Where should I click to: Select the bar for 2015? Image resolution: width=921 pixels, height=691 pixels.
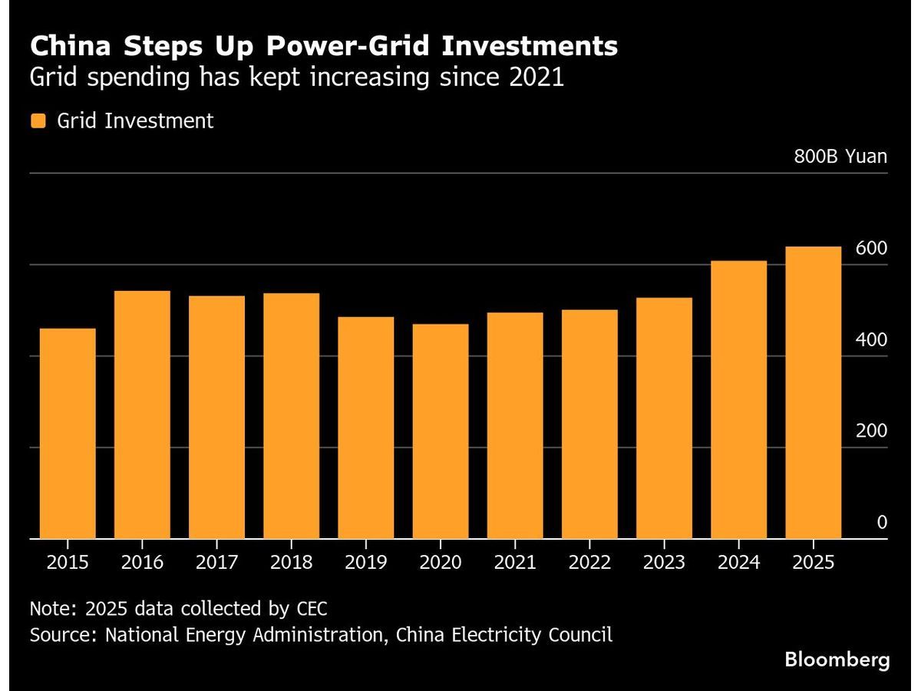pyautogui.click(x=68, y=434)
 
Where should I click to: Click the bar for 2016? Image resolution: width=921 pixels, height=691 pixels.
pyautogui.click(x=142, y=415)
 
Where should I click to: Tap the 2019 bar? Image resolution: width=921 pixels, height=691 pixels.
pyautogui.click(x=365, y=428)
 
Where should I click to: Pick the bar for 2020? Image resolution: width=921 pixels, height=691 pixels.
pyautogui.click(x=440, y=431)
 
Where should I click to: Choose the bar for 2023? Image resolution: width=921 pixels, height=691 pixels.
pyautogui.click(x=664, y=418)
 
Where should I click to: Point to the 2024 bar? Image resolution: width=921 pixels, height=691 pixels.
pyautogui.click(x=738, y=400)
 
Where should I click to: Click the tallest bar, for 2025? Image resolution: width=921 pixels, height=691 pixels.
pyautogui.click(x=813, y=392)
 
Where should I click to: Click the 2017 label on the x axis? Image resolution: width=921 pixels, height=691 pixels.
pyautogui.click(x=216, y=563)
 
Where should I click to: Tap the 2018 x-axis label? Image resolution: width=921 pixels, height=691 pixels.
pyautogui.click(x=291, y=563)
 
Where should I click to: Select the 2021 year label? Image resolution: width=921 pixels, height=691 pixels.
pyautogui.click(x=514, y=563)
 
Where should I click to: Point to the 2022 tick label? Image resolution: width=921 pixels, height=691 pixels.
pyautogui.click(x=589, y=563)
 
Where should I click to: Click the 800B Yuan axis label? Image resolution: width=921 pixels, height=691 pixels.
pyautogui.click(x=840, y=157)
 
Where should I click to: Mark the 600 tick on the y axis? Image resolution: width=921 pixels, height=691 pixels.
pyautogui.click(x=871, y=249)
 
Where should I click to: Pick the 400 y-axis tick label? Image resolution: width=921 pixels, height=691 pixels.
pyautogui.click(x=871, y=340)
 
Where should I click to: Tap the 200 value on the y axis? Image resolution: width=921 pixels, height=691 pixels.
pyautogui.click(x=871, y=431)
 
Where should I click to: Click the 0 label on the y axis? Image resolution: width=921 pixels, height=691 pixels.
pyautogui.click(x=882, y=523)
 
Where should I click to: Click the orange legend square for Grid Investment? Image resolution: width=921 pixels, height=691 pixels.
pyautogui.click(x=38, y=121)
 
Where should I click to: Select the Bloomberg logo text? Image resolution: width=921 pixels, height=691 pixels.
pyautogui.click(x=837, y=659)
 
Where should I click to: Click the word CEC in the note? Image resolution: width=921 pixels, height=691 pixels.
pyautogui.click(x=311, y=609)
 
